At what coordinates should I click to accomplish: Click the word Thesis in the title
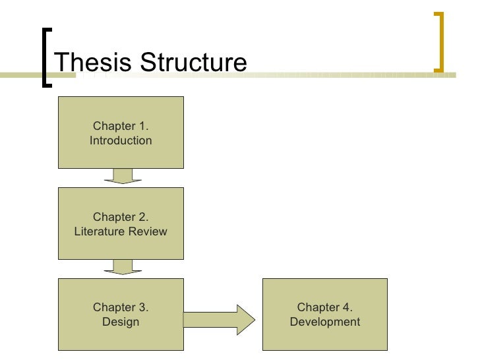pyautogui.click(x=89, y=63)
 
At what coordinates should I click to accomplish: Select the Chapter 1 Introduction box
pyautogui.click(x=121, y=133)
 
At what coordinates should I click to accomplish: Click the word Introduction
pyautogui.click(x=121, y=140)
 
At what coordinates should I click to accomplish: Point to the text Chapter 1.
pyautogui.click(x=121, y=126)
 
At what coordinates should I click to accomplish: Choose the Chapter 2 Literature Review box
pyautogui.click(x=121, y=224)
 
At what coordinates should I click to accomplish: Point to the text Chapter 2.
pyautogui.click(x=121, y=217)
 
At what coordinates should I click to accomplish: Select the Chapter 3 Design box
pyautogui.click(x=121, y=315)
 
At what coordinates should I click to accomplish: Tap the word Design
pyautogui.click(x=121, y=322)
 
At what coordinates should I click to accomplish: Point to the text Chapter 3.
pyautogui.click(x=121, y=307)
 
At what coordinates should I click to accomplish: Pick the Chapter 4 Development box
pyautogui.click(x=325, y=315)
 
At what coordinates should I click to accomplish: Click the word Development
pyautogui.click(x=325, y=322)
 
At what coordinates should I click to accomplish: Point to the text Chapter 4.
pyautogui.click(x=325, y=307)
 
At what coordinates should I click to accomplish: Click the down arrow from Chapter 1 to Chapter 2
pyautogui.click(x=122, y=177)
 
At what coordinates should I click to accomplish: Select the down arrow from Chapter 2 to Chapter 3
pyautogui.click(x=122, y=267)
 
